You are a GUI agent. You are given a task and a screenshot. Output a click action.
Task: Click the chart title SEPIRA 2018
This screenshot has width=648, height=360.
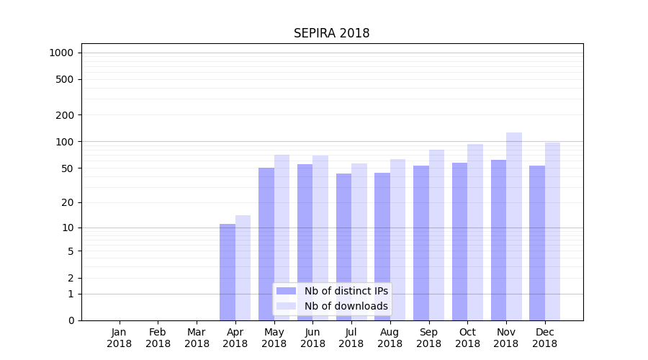[x=331, y=34]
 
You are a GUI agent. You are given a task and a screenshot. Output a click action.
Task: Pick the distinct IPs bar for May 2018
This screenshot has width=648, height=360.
[x=266, y=244]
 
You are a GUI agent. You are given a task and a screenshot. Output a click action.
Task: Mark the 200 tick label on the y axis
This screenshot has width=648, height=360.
[x=66, y=115]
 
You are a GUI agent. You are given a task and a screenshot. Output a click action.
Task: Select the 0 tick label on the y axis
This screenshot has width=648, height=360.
[x=71, y=320]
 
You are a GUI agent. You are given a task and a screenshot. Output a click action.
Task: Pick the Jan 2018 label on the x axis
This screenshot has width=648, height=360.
[x=120, y=338]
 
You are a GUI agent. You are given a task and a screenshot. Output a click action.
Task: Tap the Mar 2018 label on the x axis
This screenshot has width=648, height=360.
[x=197, y=338]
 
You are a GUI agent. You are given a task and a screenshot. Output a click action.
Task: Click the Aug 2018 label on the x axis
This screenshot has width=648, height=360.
[x=390, y=338]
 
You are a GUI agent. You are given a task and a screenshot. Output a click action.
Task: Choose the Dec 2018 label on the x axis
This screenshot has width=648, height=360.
[x=544, y=338]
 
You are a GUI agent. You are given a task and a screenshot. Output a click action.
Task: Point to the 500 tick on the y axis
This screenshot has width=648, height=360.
[x=66, y=79]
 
